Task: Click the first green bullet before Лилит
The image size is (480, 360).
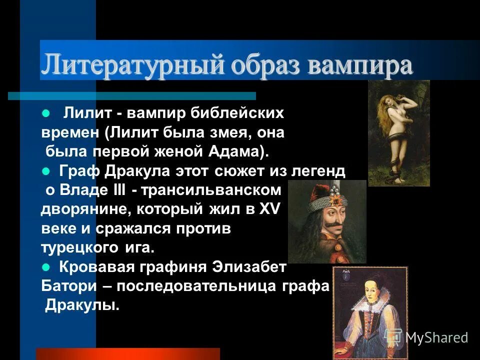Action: click(46, 113)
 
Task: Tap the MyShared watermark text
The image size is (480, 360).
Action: click(436, 338)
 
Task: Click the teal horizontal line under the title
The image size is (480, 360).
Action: click(132, 95)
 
